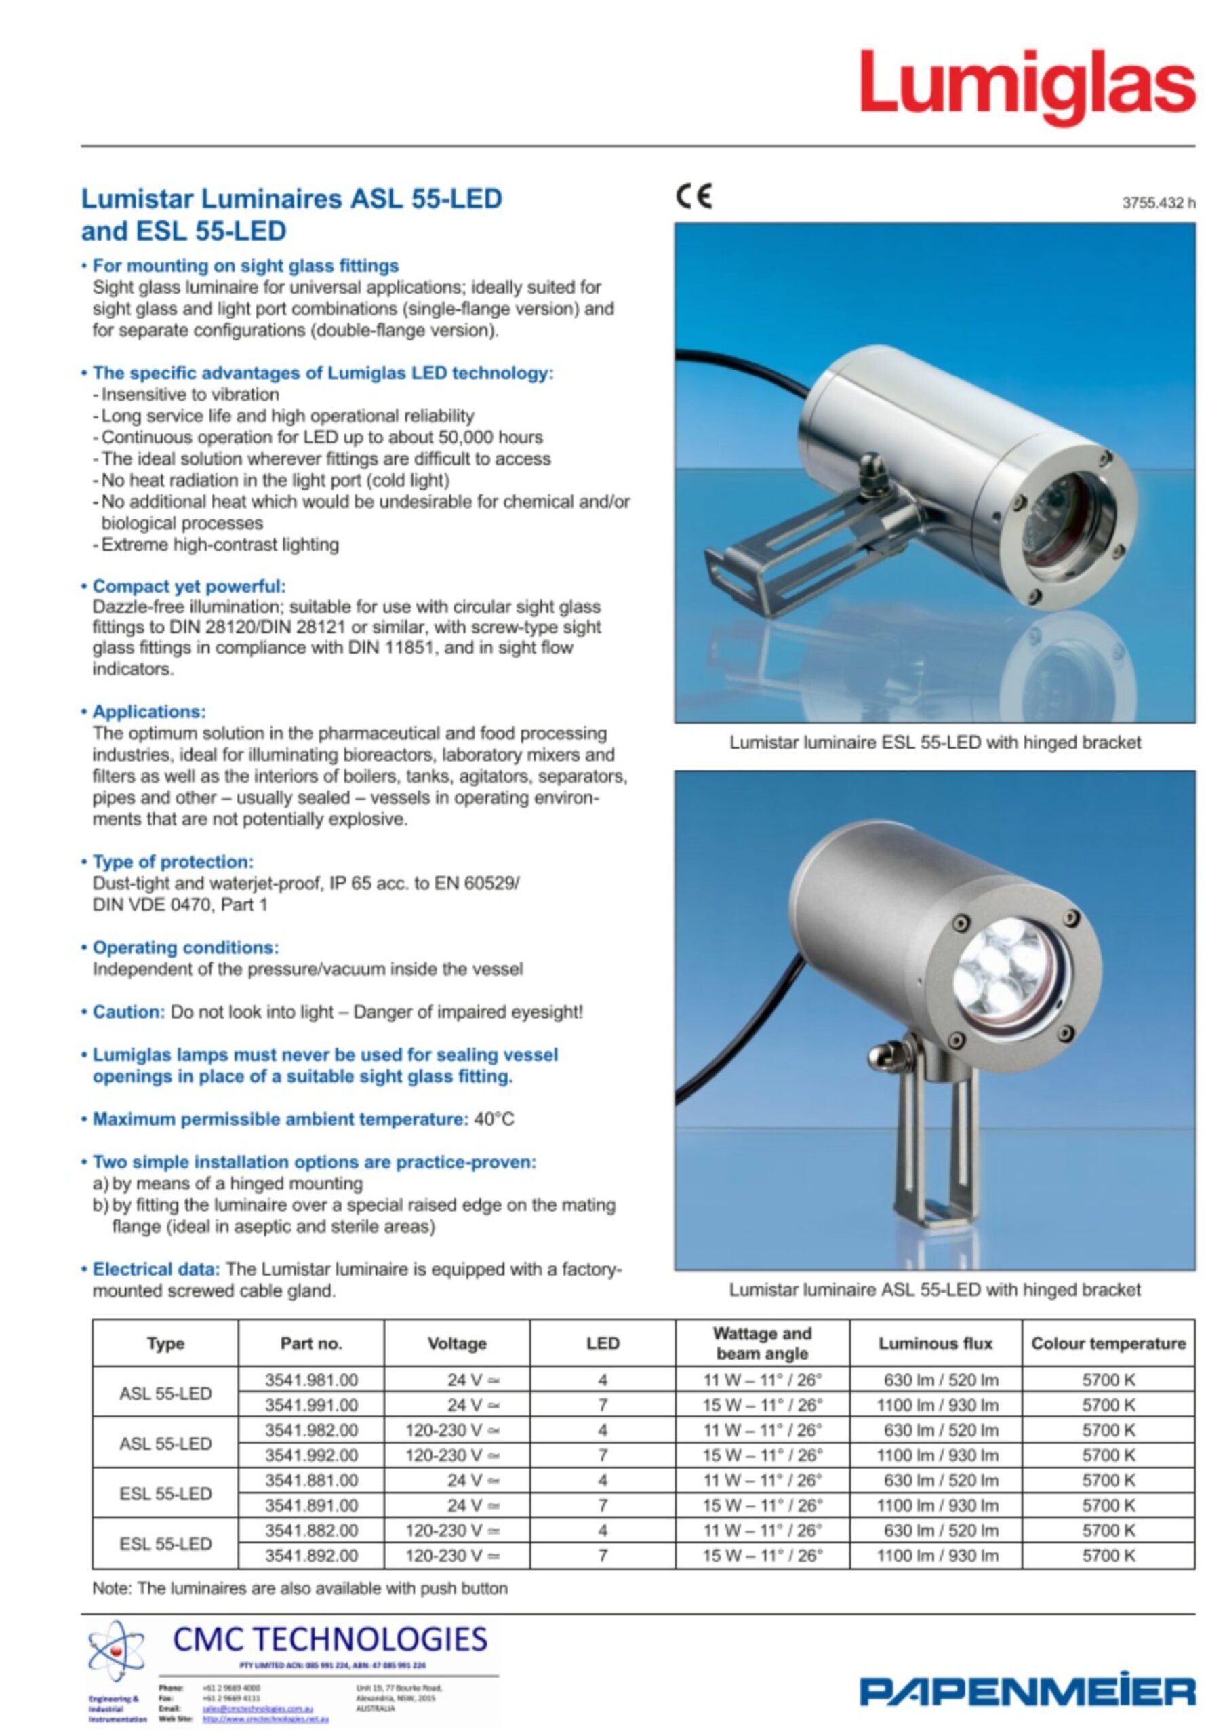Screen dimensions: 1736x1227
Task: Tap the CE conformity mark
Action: pos(693,197)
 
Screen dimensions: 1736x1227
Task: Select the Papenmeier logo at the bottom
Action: pos(1026,1691)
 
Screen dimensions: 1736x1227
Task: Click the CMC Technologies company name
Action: pos(329,1639)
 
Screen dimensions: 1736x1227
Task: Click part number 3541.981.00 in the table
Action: pos(310,1380)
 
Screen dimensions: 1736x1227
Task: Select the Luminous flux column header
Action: pos(936,1343)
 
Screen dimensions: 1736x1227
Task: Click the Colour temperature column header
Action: pos(1108,1343)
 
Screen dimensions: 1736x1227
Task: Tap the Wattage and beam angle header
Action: pos(762,1343)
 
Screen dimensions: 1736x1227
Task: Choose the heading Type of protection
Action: pos(173,862)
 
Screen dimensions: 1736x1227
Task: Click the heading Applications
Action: pos(149,711)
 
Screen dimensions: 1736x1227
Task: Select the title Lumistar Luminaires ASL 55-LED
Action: pos(291,199)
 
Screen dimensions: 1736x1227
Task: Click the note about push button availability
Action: pos(300,1589)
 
